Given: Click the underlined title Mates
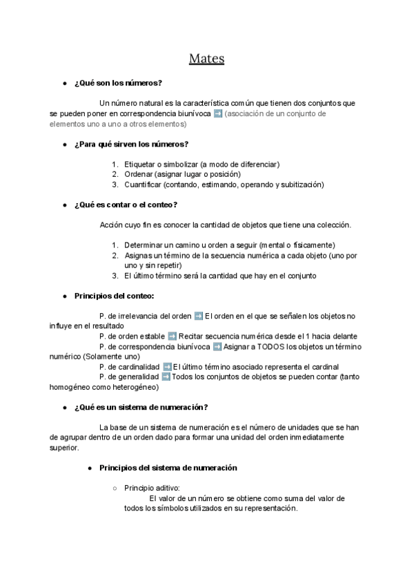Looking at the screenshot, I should (207, 59).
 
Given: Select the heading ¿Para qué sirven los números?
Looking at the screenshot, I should (131, 144).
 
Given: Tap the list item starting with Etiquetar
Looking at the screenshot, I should (201, 164).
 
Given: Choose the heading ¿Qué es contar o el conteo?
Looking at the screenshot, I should (126, 205).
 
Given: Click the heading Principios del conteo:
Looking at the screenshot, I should (114, 296).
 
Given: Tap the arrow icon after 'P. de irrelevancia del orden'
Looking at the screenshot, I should (199, 316).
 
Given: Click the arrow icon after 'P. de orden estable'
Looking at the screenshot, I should (171, 336).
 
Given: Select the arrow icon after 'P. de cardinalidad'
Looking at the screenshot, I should (167, 366).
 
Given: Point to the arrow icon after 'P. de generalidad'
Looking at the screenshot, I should (166, 377).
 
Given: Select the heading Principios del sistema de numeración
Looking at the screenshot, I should (168, 468).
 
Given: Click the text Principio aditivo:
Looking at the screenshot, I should (152, 488).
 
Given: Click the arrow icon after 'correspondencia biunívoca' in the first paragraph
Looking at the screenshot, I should (218, 113).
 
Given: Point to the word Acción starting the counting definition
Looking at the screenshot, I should (112, 225).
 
